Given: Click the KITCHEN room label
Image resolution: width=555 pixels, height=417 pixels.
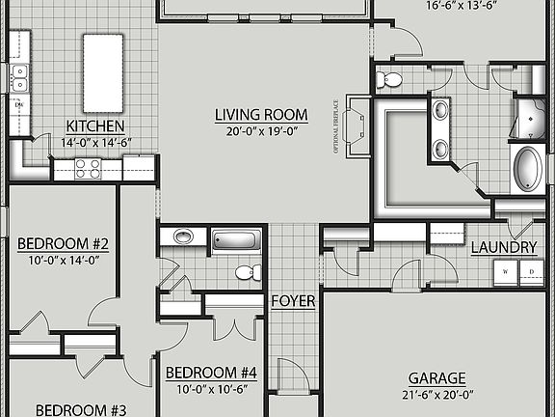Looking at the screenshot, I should [x=94, y=126].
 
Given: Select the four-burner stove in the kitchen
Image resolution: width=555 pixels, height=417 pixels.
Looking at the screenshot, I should [x=88, y=170].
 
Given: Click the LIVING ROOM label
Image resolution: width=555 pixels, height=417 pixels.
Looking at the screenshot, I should [x=255, y=116].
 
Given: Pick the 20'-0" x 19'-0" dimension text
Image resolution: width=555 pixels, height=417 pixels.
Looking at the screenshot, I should [x=255, y=132].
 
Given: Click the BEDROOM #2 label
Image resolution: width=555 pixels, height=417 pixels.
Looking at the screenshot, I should [x=63, y=243].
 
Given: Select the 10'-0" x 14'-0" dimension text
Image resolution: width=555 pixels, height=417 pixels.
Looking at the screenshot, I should [x=63, y=260].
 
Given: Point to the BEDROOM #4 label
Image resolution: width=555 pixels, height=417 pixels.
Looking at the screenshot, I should [x=211, y=373].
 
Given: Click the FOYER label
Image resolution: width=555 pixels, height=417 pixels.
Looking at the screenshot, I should [x=293, y=301].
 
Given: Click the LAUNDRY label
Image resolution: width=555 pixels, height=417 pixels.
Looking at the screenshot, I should [x=503, y=248].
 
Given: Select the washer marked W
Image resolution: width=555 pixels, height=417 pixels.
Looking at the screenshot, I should [x=506, y=273].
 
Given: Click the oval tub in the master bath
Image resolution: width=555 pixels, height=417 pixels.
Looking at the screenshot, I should [x=528, y=169].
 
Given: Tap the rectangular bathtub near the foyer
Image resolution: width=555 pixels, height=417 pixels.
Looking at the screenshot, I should [x=236, y=240].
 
